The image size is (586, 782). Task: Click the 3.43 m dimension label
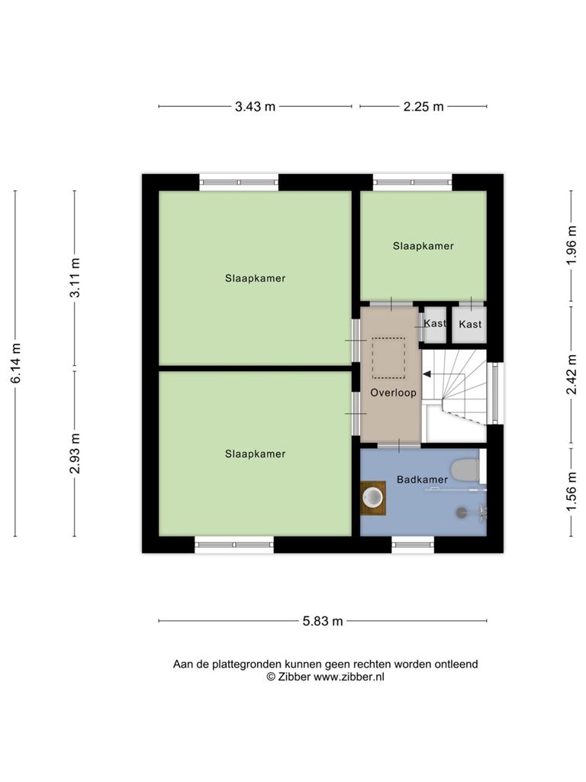click(x=255, y=106)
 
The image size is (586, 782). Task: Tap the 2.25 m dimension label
click(x=423, y=106)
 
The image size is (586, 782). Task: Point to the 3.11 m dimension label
click(x=75, y=277)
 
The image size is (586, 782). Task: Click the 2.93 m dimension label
click(x=75, y=454)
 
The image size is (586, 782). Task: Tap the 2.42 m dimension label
click(x=572, y=374)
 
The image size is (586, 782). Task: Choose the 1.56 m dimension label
click(x=572, y=492)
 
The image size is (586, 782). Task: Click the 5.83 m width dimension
click(x=323, y=621)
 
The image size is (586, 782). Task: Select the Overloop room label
click(x=393, y=393)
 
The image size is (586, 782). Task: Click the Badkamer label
click(x=422, y=480)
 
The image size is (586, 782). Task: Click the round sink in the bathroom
click(x=373, y=496)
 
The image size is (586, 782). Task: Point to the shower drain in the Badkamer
click(x=462, y=512)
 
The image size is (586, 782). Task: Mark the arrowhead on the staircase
click(x=426, y=373)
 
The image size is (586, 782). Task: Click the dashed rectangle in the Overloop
click(x=388, y=358)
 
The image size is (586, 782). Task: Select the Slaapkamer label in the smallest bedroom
click(x=423, y=246)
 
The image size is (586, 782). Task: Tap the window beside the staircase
click(x=494, y=393)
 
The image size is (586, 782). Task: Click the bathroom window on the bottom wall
click(x=413, y=544)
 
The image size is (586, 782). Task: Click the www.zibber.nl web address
click(x=349, y=677)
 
